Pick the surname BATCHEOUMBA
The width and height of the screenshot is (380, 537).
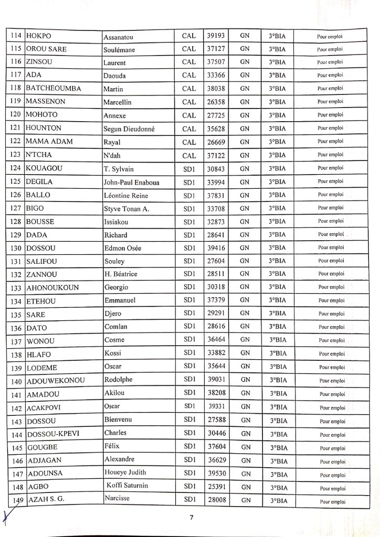click(54, 89)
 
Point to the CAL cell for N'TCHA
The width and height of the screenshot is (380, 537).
click(188, 155)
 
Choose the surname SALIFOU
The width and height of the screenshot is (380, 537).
click(41, 262)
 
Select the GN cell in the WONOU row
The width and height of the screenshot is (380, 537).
click(245, 340)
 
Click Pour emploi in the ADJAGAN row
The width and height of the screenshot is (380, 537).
click(331, 461)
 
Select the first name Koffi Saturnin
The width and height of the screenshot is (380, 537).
click(126, 486)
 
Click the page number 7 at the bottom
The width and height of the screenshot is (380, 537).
click(192, 518)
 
